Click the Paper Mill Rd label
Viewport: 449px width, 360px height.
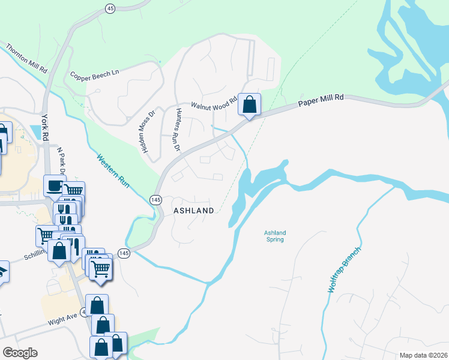(x=321, y=100)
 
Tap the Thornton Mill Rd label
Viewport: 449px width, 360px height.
(x=26, y=58)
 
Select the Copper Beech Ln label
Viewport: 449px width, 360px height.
(x=95, y=76)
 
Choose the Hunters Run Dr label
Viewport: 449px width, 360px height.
(x=178, y=130)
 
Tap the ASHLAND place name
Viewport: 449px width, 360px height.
(x=194, y=211)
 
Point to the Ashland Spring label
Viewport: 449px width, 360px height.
(x=274, y=236)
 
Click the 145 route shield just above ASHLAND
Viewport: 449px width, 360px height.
(x=155, y=199)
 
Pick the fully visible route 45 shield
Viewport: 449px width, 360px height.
(x=109, y=8)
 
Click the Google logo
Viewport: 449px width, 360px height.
(x=20, y=353)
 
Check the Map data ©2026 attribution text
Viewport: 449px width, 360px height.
(x=423, y=355)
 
